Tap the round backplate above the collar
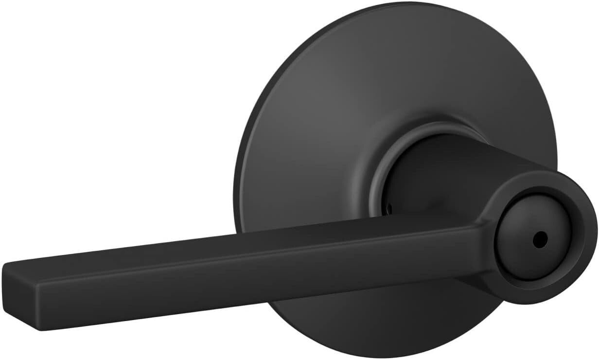pyautogui.click(x=389, y=73)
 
